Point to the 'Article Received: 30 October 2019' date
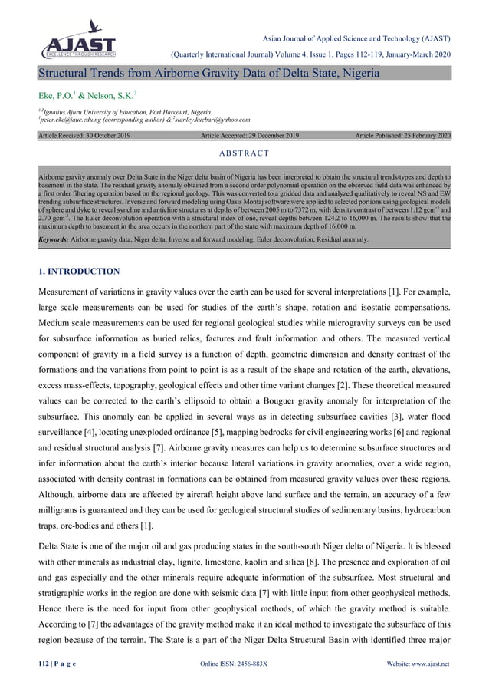pos(84,135)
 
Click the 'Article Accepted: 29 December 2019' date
pos(249,135)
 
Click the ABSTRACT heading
pos(244,152)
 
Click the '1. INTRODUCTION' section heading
pos(79,271)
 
